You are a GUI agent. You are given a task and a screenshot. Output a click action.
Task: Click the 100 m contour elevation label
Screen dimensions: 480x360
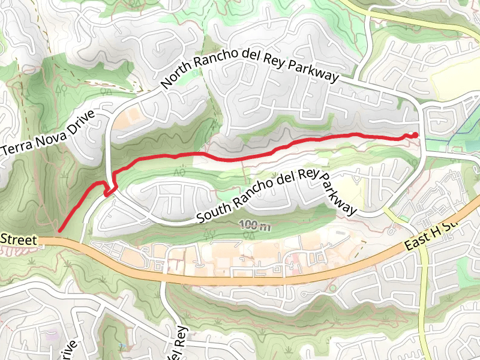(x=254, y=226)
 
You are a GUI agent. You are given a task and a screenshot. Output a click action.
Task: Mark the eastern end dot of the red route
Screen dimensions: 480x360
(x=415, y=134)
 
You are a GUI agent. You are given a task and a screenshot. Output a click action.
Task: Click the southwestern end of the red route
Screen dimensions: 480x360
(x=60, y=229)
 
